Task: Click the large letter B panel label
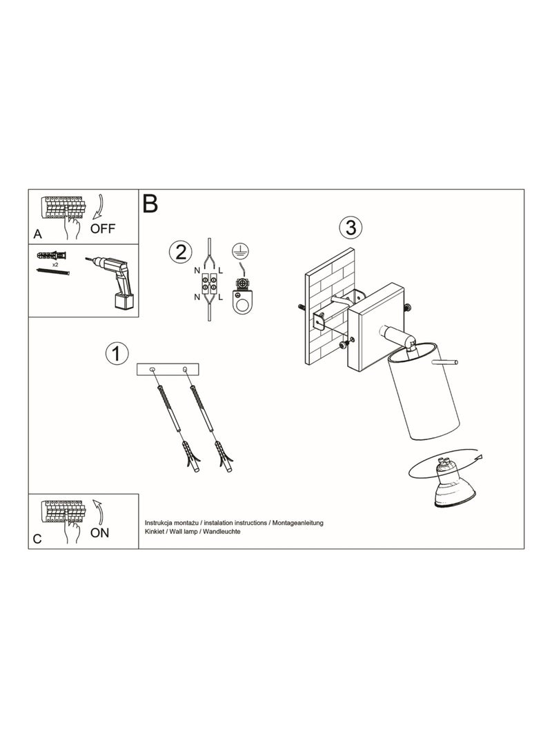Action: click(150, 203)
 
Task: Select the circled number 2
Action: click(180, 252)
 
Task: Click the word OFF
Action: click(103, 229)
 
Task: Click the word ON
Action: click(100, 532)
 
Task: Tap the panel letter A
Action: click(38, 234)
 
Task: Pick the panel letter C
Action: click(37, 539)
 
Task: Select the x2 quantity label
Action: click(55, 265)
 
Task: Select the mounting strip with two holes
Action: click(168, 370)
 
